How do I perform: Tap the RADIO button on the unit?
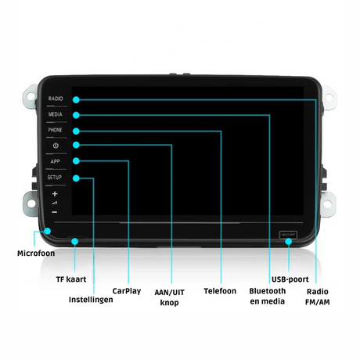56,99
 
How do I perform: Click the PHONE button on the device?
55,130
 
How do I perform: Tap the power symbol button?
56,146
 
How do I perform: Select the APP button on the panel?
55,161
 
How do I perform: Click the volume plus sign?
55,194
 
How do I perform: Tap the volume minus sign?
54,212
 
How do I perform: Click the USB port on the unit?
288,235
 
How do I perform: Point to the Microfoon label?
36,254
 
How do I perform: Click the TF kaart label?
71,279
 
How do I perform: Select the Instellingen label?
91,300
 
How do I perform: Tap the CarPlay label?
127,291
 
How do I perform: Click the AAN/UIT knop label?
169,297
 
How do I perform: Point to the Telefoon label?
220,291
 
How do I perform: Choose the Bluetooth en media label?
268,296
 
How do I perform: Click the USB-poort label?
290,279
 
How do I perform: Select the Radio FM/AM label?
318,297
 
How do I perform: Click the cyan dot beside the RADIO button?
76,99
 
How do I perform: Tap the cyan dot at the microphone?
48,231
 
